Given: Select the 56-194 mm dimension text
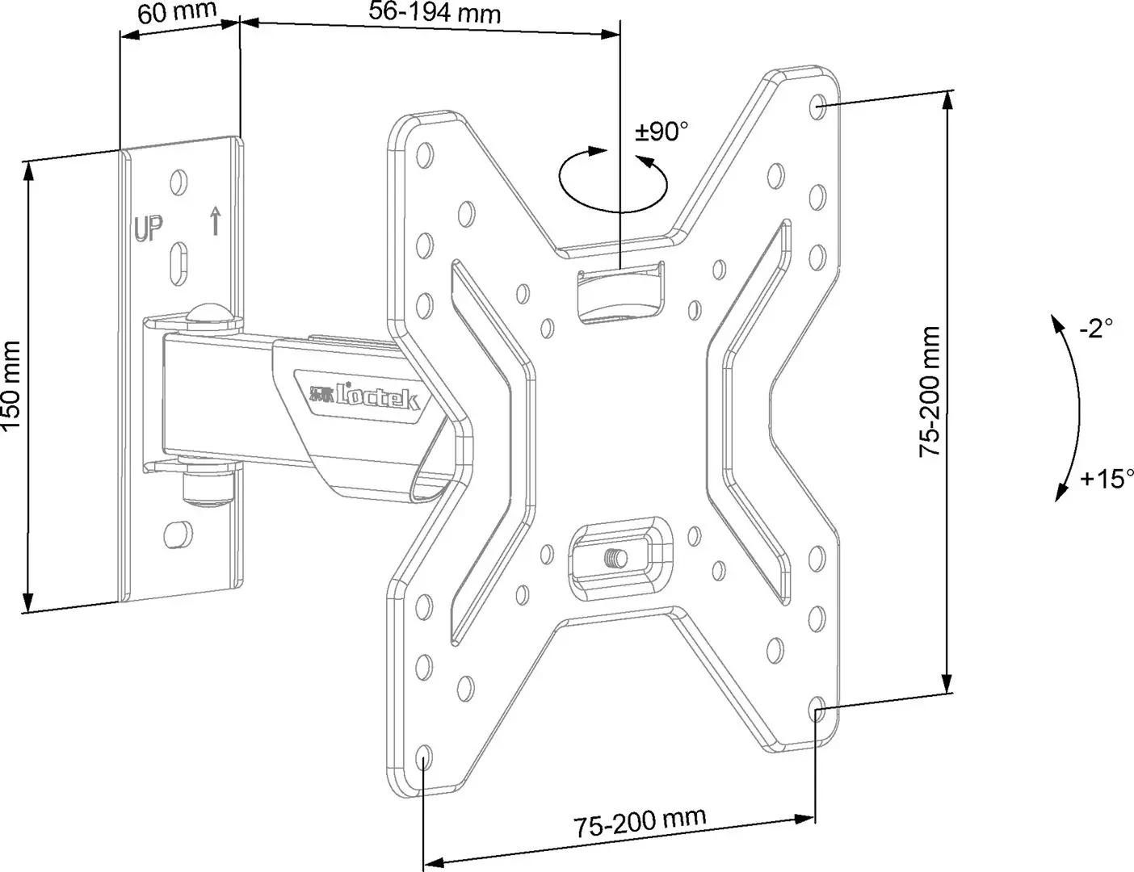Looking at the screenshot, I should (435, 12).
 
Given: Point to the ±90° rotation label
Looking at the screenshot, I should (661, 130).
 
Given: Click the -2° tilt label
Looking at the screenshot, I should (1096, 328).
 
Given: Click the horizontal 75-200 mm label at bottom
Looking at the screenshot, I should (640, 823).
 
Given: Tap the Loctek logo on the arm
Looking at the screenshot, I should (364, 396).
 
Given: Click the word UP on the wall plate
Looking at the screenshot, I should (149, 229).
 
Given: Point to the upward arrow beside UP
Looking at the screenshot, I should (215, 220).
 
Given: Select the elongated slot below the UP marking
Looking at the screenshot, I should (179, 262).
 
